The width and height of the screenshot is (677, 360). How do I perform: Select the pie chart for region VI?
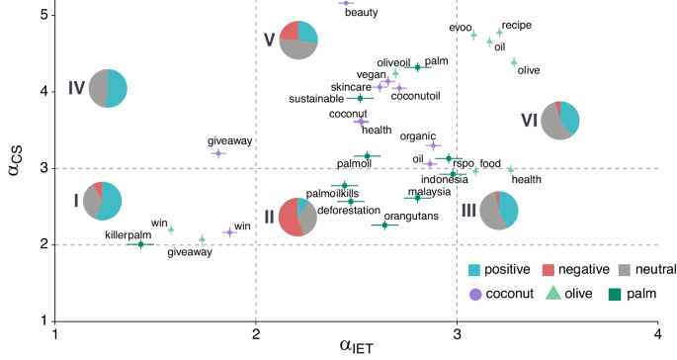point(560,120)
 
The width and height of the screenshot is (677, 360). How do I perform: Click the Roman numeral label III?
point(468,209)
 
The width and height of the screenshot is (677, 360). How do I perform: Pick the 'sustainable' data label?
point(317,99)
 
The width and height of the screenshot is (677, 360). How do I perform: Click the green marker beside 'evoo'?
point(474,36)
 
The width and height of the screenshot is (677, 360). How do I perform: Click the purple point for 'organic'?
point(433,145)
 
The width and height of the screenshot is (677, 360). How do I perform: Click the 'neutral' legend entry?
point(627,269)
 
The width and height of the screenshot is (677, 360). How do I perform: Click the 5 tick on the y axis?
point(42,16)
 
